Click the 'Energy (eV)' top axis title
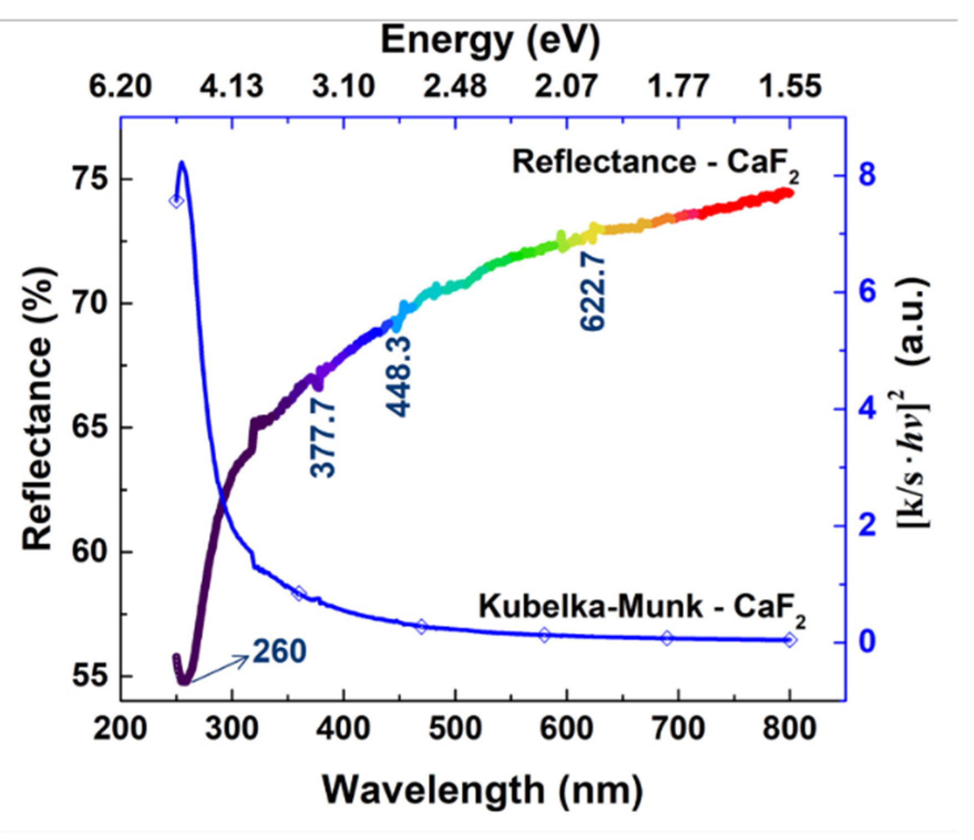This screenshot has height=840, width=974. coord(489,42)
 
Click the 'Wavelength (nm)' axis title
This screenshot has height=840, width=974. coord(482,790)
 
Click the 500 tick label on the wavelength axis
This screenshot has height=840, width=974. coord(455,728)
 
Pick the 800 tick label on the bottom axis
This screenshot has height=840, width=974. coord(789,728)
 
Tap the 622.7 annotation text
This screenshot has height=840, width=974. coord(593,292)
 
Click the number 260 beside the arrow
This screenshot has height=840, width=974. coord(279,651)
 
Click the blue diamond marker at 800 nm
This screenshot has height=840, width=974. coord(790,640)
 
